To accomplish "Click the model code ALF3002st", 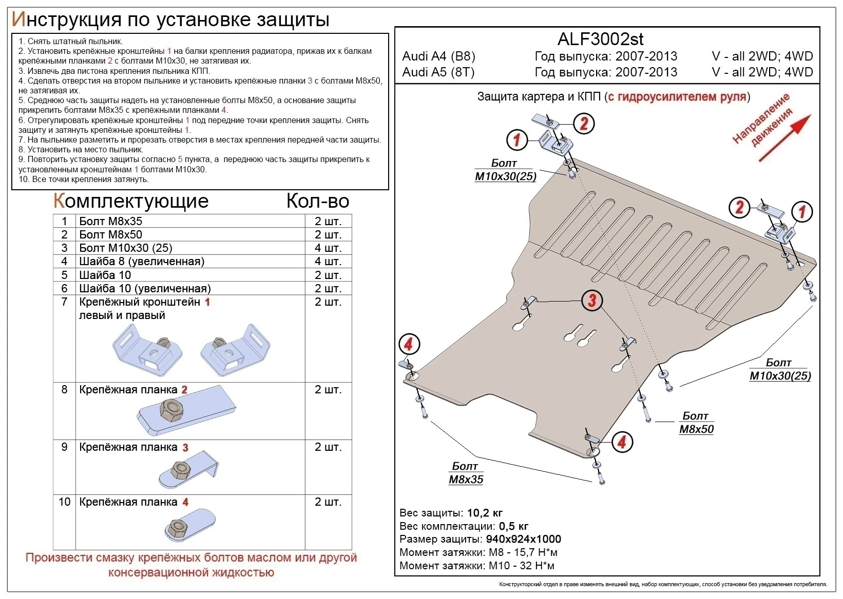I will pos(600,39).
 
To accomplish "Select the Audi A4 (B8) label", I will pos(438,56).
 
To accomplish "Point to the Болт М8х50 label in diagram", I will pos(696,423).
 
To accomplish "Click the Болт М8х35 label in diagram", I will pos(466,473).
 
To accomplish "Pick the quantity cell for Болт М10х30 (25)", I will pos(328,248).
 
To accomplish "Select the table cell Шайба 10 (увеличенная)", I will pos(145,289).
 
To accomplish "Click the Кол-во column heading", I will pos(317,201).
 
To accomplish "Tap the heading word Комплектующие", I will pos(131,201).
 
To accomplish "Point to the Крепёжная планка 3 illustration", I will pos(187,470).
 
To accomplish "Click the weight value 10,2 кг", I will pos(485,513).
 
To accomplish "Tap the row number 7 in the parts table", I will pos(64,302).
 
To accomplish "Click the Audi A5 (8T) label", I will pos(438,72).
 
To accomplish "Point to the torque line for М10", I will pos(476,566).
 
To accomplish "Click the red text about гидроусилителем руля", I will pos(677,96).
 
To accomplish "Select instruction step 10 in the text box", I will pos(84,179).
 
